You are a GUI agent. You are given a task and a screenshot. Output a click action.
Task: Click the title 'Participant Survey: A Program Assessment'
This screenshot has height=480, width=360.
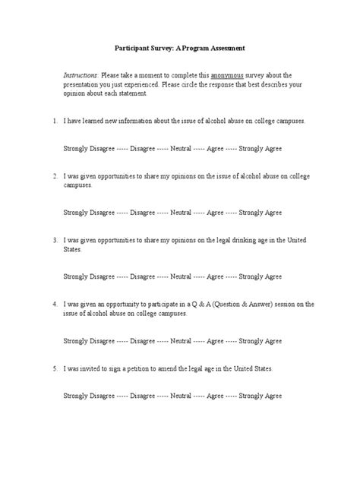180,48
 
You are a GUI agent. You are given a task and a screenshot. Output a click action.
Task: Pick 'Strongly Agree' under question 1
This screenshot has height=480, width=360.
259,148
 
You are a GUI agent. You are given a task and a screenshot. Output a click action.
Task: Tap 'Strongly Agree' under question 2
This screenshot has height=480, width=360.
259,213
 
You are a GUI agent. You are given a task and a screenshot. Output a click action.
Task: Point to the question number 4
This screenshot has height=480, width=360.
55,304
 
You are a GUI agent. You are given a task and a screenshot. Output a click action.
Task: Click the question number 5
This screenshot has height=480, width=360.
55,368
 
